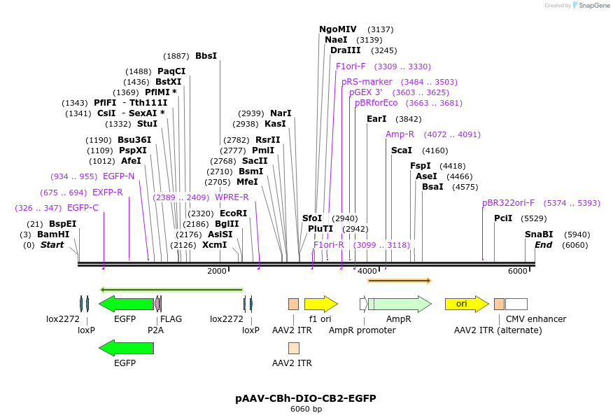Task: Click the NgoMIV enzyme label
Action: tap(337, 29)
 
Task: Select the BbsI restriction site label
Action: tap(206, 56)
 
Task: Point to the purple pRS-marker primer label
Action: tap(367, 82)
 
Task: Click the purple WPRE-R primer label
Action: tap(232, 197)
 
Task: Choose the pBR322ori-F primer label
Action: tap(508, 203)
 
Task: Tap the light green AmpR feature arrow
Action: tap(399, 304)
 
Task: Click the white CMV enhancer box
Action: tap(516, 304)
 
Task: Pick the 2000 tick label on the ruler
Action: tap(217, 271)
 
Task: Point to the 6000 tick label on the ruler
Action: tap(517, 271)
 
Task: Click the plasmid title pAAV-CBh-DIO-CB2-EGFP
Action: tap(306, 398)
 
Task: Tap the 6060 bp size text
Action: tap(306, 409)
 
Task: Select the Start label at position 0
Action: tap(52, 245)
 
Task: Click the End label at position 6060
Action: tap(543, 245)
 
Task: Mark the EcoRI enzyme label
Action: tap(233, 213)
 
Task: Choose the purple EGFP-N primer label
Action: tap(118, 176)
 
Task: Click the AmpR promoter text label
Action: tap(362, 330)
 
